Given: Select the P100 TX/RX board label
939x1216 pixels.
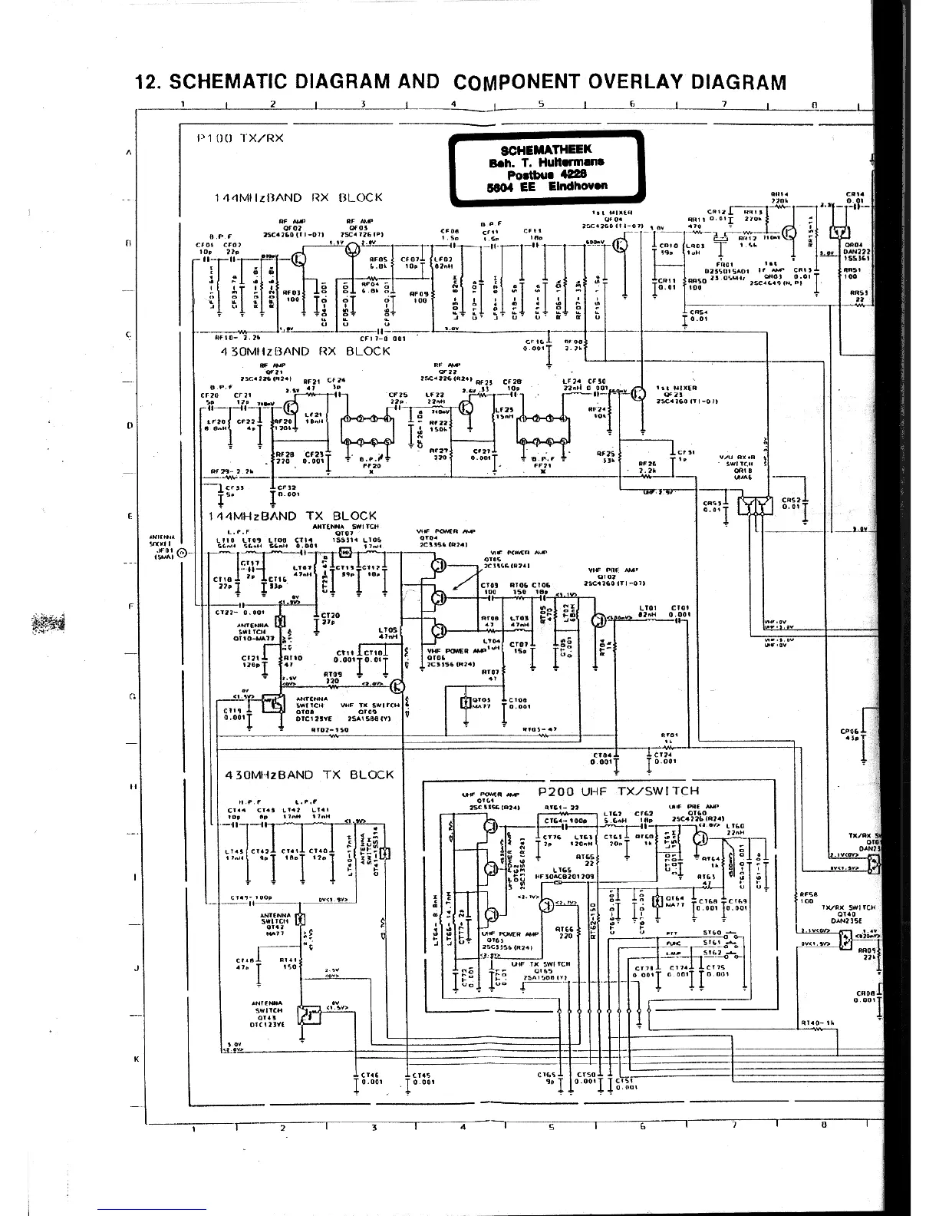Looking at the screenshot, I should [240, 138].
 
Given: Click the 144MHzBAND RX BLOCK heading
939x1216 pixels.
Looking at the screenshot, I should [298, 197].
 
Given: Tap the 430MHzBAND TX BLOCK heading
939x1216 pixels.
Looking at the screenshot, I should [309, 775].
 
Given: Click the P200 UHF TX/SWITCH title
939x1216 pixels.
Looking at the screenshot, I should [618, 791].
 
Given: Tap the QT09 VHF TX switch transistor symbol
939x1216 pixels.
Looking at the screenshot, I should [397, 686].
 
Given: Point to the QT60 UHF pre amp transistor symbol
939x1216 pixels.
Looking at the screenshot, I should [700, 838].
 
